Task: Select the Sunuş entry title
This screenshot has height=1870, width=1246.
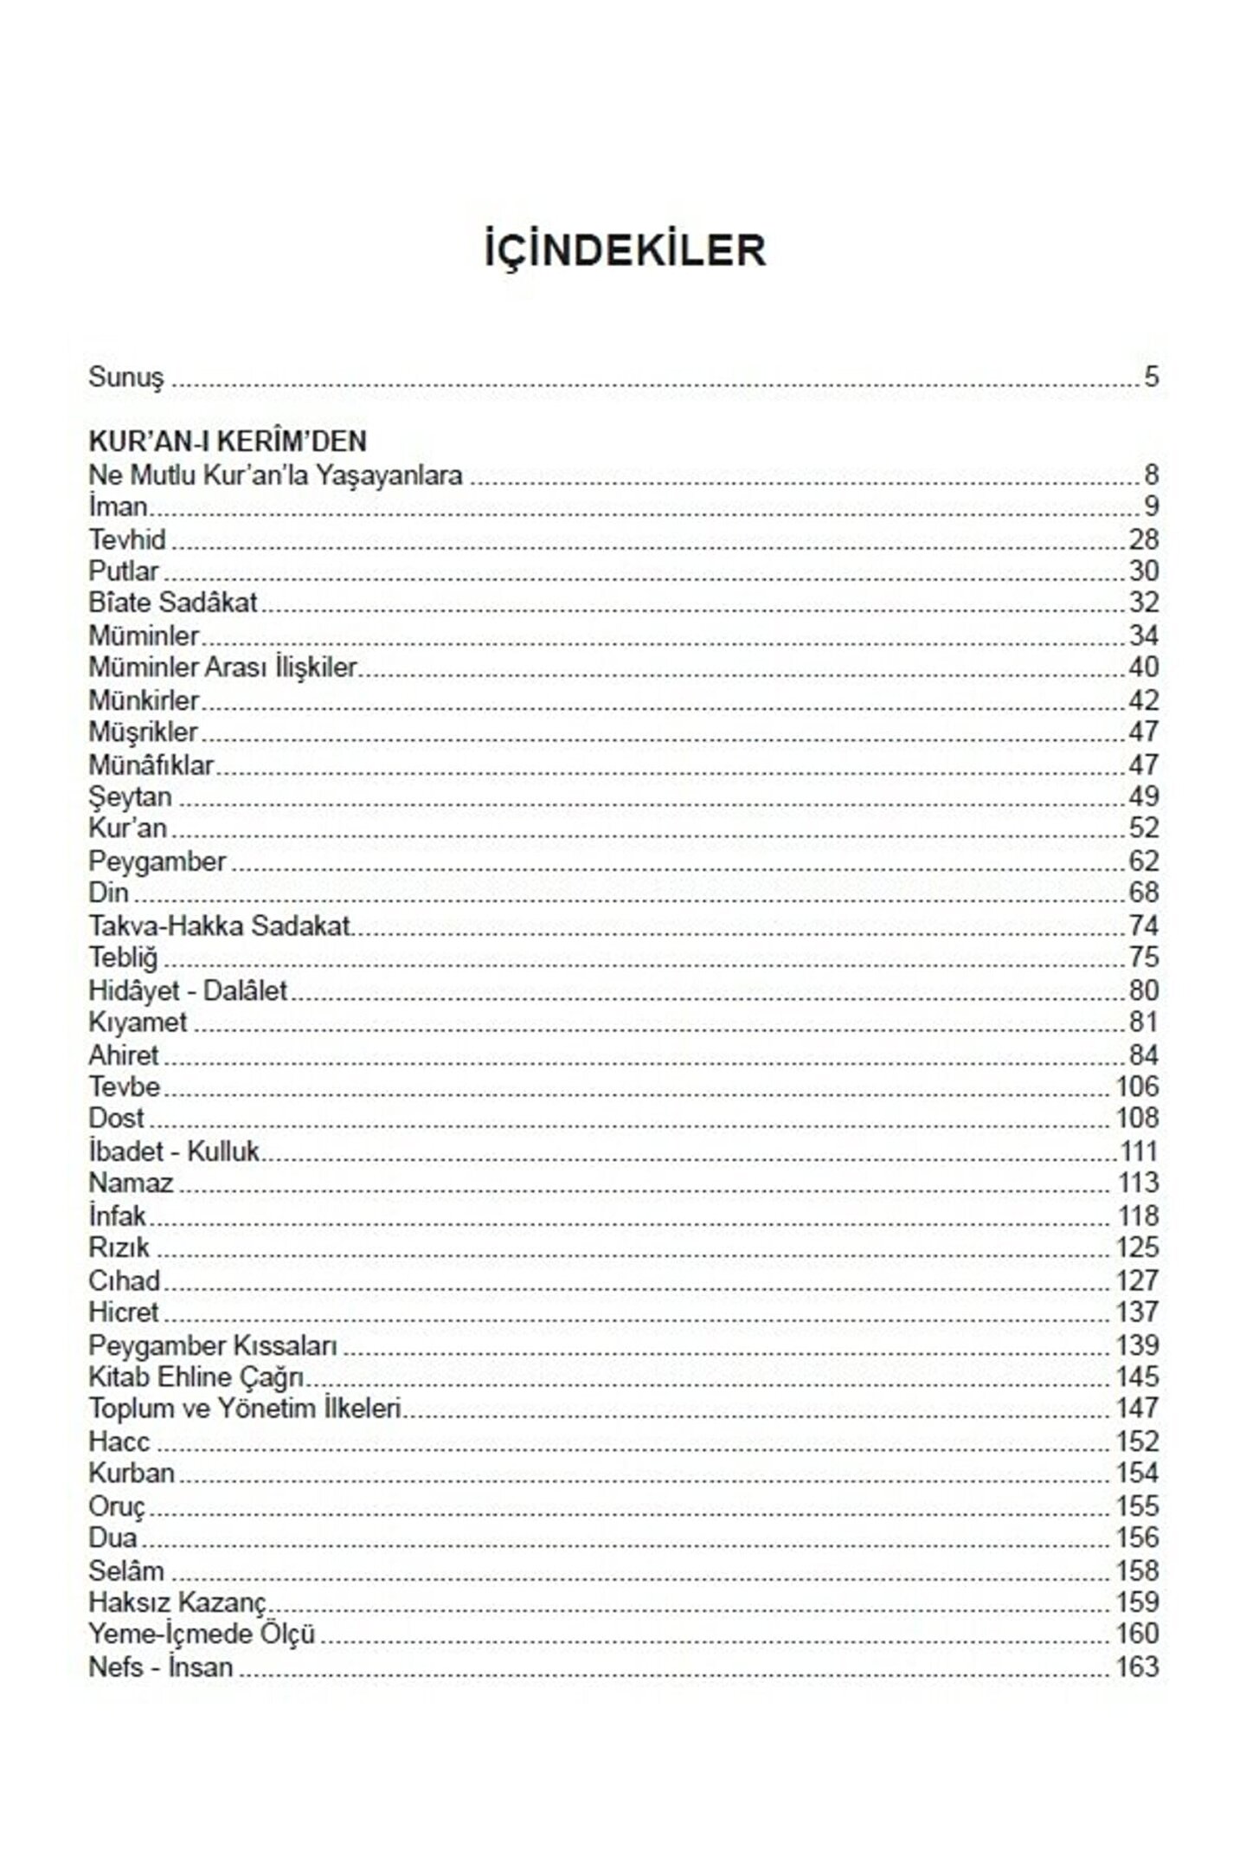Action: pos(126,377)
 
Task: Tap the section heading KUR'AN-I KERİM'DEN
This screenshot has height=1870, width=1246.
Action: pos(228,442)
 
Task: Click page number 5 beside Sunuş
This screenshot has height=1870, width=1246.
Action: pos(1151,377)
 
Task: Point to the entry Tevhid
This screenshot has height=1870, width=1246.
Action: pos(127,539)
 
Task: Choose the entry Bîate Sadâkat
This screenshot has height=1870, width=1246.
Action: pos(173,603)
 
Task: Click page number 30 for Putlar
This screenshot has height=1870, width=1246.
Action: pos(1143,571)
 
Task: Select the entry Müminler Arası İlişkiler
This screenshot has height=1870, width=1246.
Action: pos(223,667)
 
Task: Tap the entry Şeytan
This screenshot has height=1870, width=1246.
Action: pos(130,796)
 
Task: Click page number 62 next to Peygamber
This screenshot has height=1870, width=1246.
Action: pos(1143,861)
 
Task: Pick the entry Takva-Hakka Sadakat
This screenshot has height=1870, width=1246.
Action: pos(220,925)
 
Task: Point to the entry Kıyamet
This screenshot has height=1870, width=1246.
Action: pos(138,1022)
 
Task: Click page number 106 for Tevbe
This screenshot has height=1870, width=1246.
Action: pos(1137,1087)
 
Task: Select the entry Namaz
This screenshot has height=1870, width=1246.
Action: pos(131,1183)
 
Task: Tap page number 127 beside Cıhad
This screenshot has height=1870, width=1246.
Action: pos(1137,1280)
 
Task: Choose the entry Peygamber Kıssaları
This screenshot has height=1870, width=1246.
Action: pos(213,1345)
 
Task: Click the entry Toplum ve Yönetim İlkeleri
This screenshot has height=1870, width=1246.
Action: pos(246,1409)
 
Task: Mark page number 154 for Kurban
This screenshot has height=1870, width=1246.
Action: pos(1137,1473)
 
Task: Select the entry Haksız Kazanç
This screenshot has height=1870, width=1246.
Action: pos(177,1602)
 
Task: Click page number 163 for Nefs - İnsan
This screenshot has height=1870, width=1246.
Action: pos(1137,1667)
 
